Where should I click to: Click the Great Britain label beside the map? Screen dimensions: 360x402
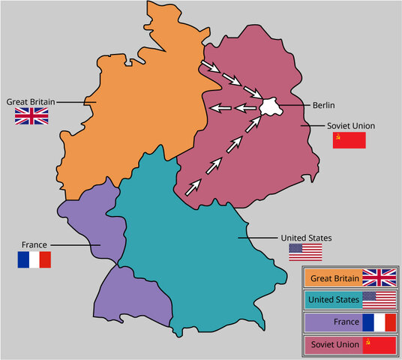tap(29, 100)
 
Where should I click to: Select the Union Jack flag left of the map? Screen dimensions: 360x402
tap(31, 116)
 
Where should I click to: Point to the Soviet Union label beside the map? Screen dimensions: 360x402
tap(351, 125)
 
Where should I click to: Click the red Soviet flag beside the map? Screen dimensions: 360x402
tap(349, 140)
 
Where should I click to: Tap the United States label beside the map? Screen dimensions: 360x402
tap(305, 237)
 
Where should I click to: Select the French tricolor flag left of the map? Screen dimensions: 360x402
tap(34, 259)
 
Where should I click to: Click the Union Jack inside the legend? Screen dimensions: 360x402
tap(379, 277)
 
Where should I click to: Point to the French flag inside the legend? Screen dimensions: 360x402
tap(379, 322)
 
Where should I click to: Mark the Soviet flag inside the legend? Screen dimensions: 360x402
tap(379, 344)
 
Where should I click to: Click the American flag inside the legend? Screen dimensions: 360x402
tap(379, 300)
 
